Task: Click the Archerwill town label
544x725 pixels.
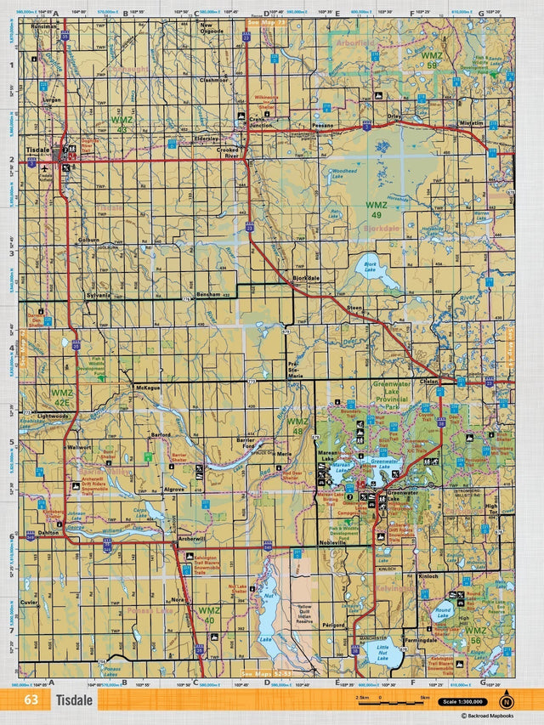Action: (192, 538)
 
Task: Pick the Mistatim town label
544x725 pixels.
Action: (471, 122)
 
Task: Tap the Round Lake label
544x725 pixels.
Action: (443, 613)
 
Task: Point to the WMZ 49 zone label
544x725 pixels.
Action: (376, 205)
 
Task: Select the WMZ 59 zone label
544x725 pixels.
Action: (432, 59)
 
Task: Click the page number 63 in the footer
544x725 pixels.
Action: (31, 700)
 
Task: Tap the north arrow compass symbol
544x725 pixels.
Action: (507, 701)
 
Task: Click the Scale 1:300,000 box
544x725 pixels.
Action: (462, 702)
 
